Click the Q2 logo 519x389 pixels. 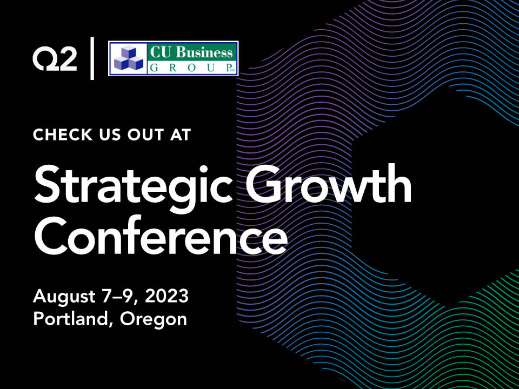55,59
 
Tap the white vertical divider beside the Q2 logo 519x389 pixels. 92,58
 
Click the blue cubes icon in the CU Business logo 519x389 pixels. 129,58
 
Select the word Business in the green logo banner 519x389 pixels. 204,52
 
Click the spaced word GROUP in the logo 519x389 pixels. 189,68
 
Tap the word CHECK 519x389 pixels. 63,135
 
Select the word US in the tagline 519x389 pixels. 110,135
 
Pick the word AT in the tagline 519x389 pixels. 181,135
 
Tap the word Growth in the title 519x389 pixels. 329,183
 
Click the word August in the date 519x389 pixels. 64,297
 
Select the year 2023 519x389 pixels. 167,296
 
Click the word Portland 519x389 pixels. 71,319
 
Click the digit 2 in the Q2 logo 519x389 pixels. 68,59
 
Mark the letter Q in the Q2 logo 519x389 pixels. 45,59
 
